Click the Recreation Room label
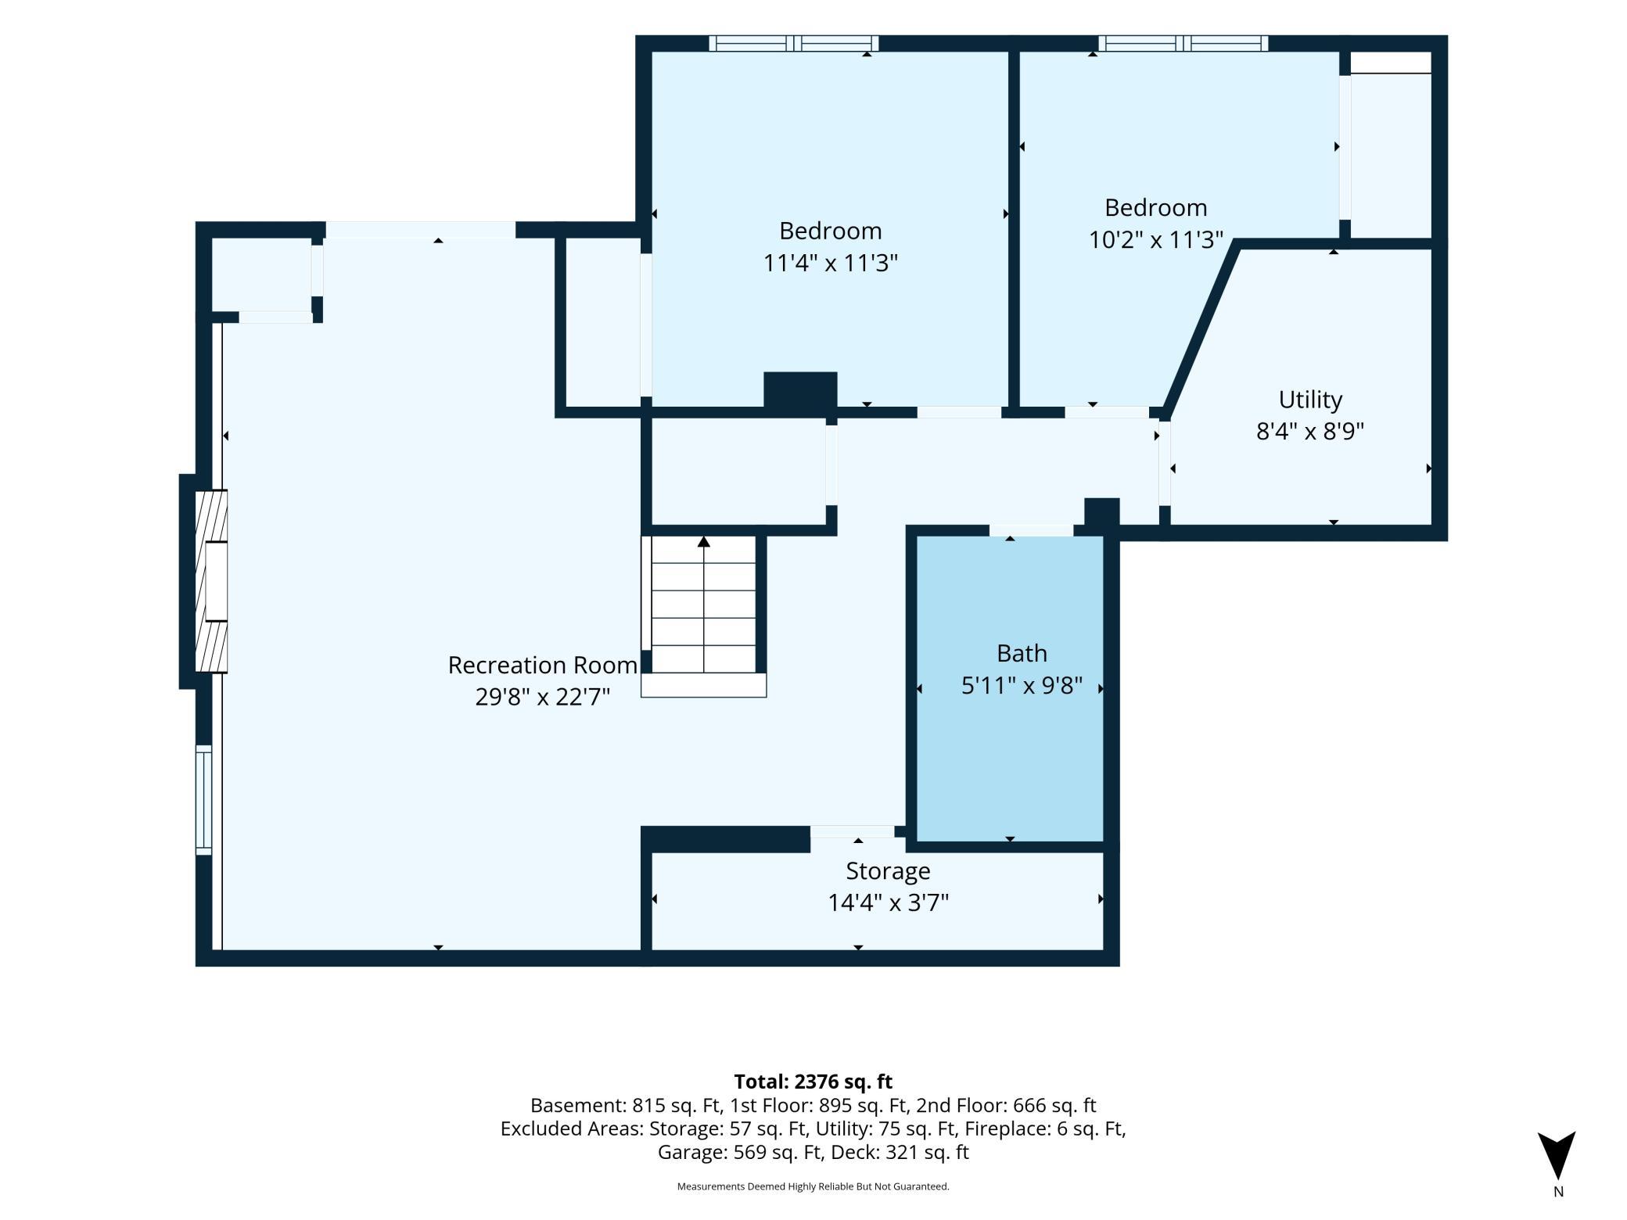pyautogui.click(x=542, y=665)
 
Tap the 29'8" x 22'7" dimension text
pyautogui.click(x=542, y=696)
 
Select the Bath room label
pyautogui.click(x=1022, y=653)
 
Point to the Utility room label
pyautogui.click(x=1310, y=400)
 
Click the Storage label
pyautogui.click(x=888, y=871)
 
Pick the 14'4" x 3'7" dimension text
pyautogui.click(x=888, y=902)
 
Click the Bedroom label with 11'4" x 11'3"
pyautogui.click(x=830, y=231)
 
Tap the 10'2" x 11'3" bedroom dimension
pyautogui.click(x=1155, y=239)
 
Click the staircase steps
pyautogui.click(x=703, y=605)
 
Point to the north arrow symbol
pyautogui.click(x=1557, y=1155)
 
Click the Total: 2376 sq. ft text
pyautogui.click(x=813, y=1082)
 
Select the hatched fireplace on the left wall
pyautogui.click(x=211, y=581)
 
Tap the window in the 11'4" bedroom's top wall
pyautogui.click(x=794, y=44)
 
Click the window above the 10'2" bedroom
pyautogui.click(x=1183, y=44)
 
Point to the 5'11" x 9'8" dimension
pyautogui.click(x=1022, y=685)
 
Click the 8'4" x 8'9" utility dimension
pyautogui.click(x=1310, y=431)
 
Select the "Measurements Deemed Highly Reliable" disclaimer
pyautogui.click(x=813, y=1186)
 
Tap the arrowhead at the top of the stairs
pyautogui.click(x=704, y=541)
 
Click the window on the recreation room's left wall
pyautogui.click(x=203, y=800)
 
